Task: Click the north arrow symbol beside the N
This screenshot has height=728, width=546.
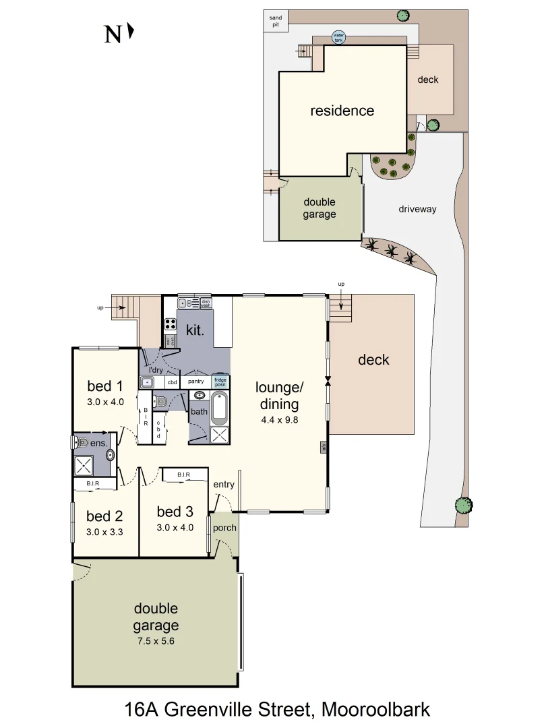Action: pos(131,32)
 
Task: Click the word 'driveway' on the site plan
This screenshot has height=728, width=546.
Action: pos(417,209)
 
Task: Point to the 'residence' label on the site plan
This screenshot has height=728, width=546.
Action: pos(342,111)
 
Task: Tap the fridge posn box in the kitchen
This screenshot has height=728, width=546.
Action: pos(220,381)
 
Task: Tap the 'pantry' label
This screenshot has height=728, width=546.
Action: pos(195,382)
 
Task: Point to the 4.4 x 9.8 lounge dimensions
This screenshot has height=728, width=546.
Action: pos(279,419)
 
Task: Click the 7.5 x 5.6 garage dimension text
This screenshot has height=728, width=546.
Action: pos(156,641)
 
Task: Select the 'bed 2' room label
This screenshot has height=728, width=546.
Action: pos(104,516)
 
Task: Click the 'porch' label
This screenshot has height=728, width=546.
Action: pos(224,528)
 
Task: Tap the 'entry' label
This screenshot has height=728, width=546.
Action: pos(223,485)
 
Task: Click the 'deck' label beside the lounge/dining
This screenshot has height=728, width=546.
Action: pos(373,360)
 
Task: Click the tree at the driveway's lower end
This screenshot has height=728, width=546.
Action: pos(462,505)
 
